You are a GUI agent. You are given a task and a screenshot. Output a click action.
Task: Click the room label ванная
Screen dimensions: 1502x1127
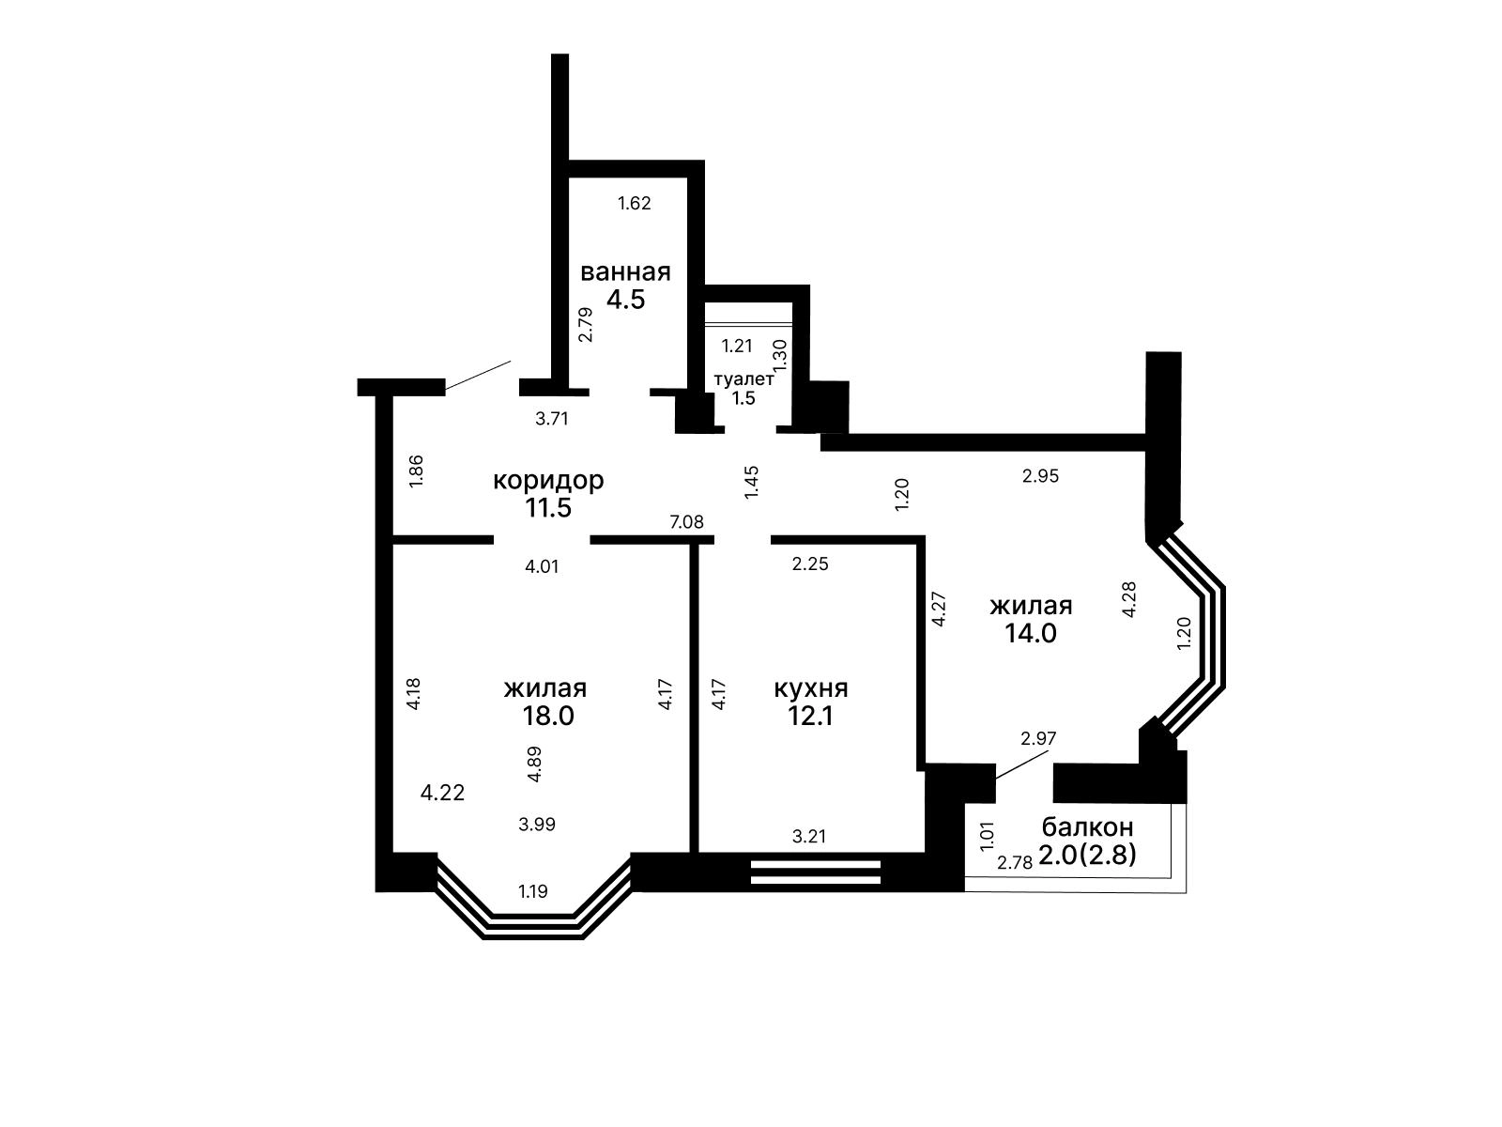(625, 272)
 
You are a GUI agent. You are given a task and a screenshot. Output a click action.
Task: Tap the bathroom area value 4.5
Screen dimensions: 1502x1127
(625, 300)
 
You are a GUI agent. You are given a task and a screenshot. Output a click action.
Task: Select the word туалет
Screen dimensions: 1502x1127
(743, 379)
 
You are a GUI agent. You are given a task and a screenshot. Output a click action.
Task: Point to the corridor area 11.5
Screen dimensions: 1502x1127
(548, 508)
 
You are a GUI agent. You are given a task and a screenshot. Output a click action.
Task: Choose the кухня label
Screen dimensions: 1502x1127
(811, 687)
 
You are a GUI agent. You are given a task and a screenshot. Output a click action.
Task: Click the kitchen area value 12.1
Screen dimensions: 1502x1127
(810, 716)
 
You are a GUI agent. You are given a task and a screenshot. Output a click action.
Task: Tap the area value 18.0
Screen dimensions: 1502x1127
(548, 716)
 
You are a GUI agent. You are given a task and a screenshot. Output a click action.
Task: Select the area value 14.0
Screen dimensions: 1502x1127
(1031, 633)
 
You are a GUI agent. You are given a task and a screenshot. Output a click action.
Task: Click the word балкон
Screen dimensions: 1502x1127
(1087, 827)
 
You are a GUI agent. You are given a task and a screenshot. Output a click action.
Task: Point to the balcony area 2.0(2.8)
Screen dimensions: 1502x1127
(1087, 855)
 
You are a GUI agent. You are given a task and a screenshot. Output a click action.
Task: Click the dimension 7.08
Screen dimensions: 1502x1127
(686, 522)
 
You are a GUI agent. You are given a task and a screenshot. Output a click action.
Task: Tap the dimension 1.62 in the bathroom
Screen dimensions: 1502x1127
(635, 203)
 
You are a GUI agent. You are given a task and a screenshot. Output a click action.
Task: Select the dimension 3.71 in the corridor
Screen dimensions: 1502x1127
(552, 419)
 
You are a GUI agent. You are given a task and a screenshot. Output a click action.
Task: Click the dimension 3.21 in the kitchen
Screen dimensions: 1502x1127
(809, 836)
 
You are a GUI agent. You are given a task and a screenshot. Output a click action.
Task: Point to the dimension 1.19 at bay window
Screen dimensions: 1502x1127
(533, 891)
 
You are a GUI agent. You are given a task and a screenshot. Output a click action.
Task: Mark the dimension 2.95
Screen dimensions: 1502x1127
(1041, 476)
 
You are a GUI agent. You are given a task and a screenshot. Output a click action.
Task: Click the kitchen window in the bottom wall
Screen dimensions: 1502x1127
(816, 872)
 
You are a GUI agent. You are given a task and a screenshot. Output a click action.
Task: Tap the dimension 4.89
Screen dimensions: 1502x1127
(534, 764)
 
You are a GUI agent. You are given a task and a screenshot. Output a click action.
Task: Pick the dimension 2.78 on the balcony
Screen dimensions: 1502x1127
(1015, 863)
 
